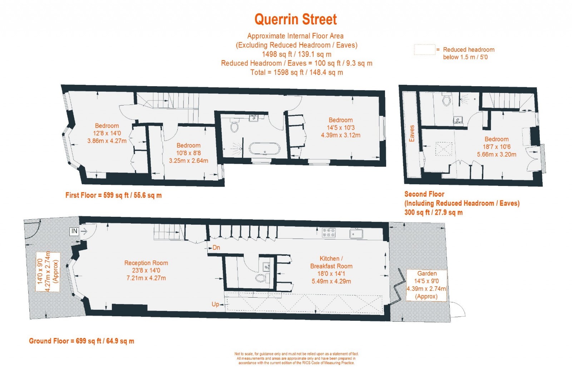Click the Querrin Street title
pos(295,19)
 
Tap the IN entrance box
pos(74,231)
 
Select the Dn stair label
pos(216,247)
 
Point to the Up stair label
pos(215,304)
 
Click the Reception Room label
pos(146,263)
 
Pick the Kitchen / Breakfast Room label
pos(331,262)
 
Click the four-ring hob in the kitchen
pos(329,233)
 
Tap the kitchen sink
pos(356,234)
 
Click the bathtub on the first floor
pos(264,149)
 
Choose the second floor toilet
pos(447,99)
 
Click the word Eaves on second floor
pos(411,133)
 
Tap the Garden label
pos(427,274)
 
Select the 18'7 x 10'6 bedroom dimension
pos(497,147)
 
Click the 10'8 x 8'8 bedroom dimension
pos(188,153)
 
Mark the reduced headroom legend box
pos(424,50)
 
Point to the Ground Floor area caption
pos(82,341)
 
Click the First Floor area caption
pos(113,195)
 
